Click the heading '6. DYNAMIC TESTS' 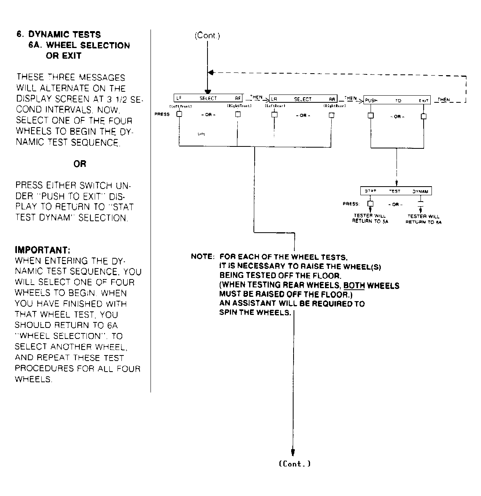[x=59, y=35]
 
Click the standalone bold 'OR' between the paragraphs [x=80, y=164]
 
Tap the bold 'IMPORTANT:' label [x=42, y=250]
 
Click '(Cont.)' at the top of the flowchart [x=207, y=36]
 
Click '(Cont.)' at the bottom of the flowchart [x=294, y=464]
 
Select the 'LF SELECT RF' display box [x=208, y=98]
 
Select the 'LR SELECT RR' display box [x=303, y=100]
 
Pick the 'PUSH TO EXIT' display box [x=397, y=100]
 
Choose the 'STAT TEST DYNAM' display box [x=396, y=191]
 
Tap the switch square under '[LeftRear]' [x=274, y=115]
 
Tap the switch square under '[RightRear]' [x=331, y=115]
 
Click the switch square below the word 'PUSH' [x=371, y=116]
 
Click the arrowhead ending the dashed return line [x=211, y=73]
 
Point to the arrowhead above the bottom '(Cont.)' [x=293, y=452]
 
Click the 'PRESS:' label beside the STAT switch [x=351, y=204]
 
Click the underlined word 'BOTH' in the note [x=354, y=285]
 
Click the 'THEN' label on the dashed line [x=444, y=100]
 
